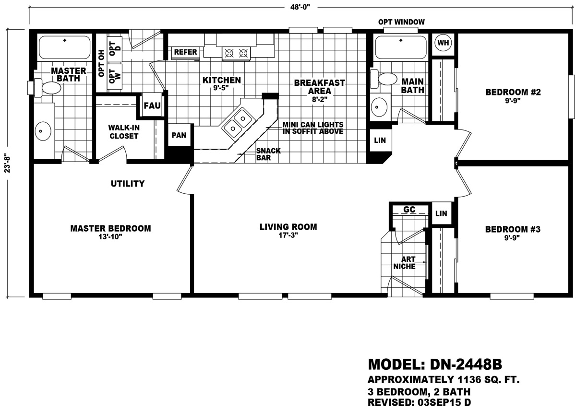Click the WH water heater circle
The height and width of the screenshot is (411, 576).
point(443,43)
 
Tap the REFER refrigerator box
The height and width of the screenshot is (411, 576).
point(185,52)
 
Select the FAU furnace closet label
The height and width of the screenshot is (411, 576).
point(152,106)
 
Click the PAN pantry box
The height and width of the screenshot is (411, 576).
point(179,135)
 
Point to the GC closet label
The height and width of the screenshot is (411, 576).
point(409,210)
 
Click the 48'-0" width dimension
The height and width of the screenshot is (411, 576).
point(300,7)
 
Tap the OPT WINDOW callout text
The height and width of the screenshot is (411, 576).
point(401,22)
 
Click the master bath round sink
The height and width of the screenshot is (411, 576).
point(43,131)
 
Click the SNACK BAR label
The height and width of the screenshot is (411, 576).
point(268,154)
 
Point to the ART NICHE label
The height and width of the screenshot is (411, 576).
point(405,263)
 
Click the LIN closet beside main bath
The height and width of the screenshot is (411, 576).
point(380,140)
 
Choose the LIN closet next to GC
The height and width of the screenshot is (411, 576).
point(441,213)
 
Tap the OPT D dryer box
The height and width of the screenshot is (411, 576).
point(115,48)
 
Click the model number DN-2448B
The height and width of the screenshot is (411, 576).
point(466,364)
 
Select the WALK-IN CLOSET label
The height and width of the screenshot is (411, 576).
point(124,132)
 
